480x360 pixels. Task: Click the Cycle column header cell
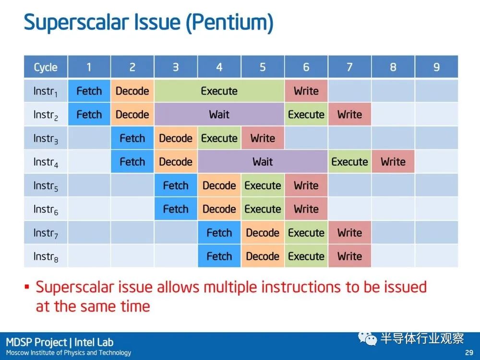[x=46, y=67]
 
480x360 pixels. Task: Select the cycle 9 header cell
[x=436, y=67]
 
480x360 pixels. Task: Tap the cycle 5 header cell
[x=263, y=67]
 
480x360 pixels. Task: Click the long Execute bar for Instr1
[x=219, y=91]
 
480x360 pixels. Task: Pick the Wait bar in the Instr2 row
[x=219, y=115]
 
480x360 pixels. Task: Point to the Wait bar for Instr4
[x=263, y=162]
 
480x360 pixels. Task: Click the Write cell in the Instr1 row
[x=306, y=91]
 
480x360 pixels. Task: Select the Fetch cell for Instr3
[x=132, y=138]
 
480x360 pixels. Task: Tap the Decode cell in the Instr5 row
[x=219, y=185]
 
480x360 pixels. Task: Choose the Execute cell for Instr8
[x=306, y=256]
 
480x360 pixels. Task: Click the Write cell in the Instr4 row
[x=393, y=162]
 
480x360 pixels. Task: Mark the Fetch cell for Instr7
[x=219, y=233]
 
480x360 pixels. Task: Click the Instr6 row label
[x=46, y=209]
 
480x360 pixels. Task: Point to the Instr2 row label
[x=46, y=115]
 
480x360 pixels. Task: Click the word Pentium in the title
[x=230, y=23]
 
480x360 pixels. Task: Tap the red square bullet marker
[x=27, y=287]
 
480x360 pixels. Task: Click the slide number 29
[x=469, y=352]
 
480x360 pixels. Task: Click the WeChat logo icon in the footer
[x=367, y=338]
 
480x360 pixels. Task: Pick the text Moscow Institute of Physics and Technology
[x=69, y=353]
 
